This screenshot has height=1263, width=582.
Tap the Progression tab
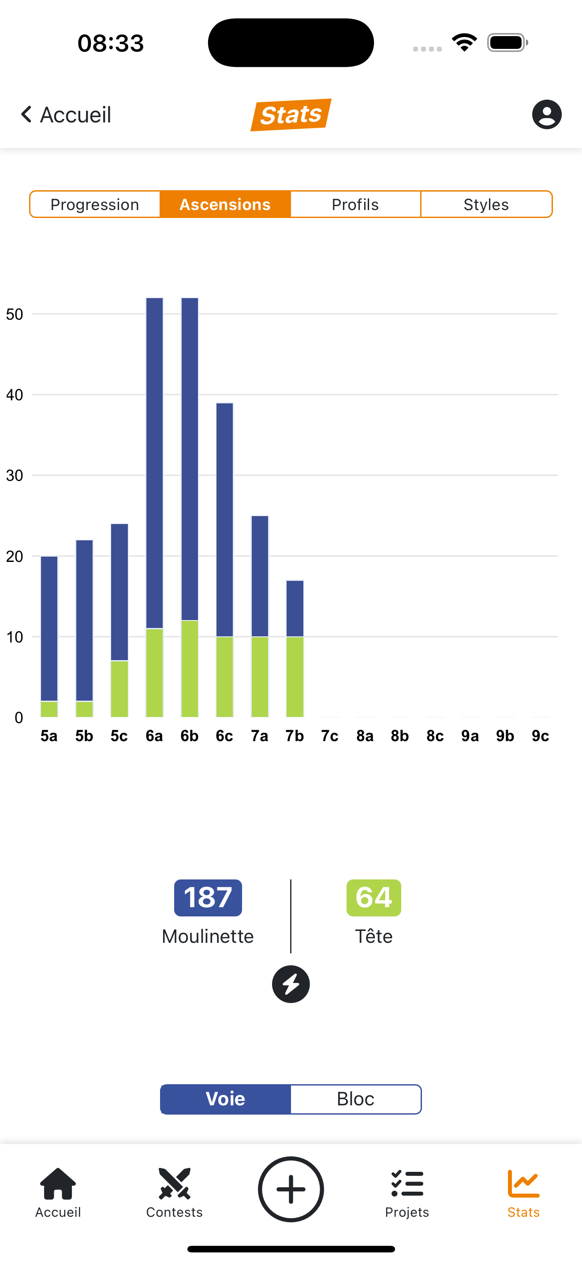tap(95, 204)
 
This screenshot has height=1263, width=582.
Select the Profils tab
tap(355, 204)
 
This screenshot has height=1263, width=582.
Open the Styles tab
tap(486, 204)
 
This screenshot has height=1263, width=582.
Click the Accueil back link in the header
tap(66, 115)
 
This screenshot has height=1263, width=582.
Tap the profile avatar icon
tap(546, 115)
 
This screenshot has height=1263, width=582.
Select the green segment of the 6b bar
tap(190, 669)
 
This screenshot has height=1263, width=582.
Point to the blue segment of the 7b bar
tap(295, 609)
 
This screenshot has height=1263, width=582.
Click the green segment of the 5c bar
tap(119, 689)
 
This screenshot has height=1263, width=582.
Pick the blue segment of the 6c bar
tap(225, 520)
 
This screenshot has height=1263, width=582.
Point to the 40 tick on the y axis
tap(15, 395)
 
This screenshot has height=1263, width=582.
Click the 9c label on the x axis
tap(540, 736)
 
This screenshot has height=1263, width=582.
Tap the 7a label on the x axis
tap(260, 736)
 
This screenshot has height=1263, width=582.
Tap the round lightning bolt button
tap(291, 984)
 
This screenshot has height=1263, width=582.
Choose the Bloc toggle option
tap(356, 1099)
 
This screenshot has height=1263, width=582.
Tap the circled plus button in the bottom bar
tap(291, 1189)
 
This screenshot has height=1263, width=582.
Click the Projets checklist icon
tap(407, 1184)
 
